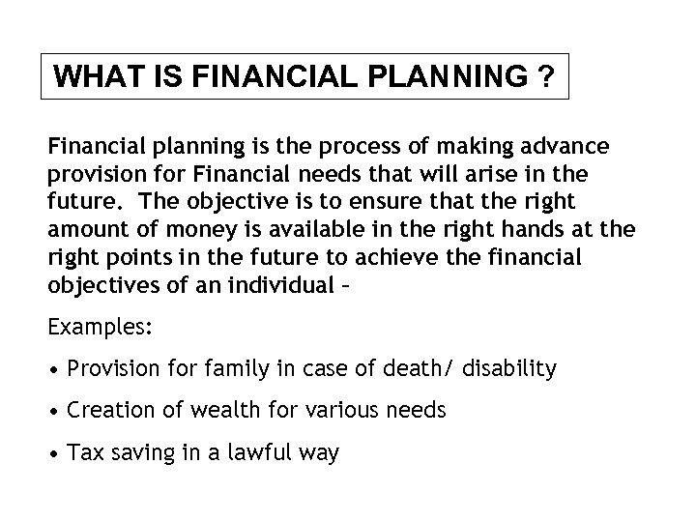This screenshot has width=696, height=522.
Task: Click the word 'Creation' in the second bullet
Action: click(x=105, y=411)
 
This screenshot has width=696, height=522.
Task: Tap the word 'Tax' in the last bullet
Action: click(x=83, y=453)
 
